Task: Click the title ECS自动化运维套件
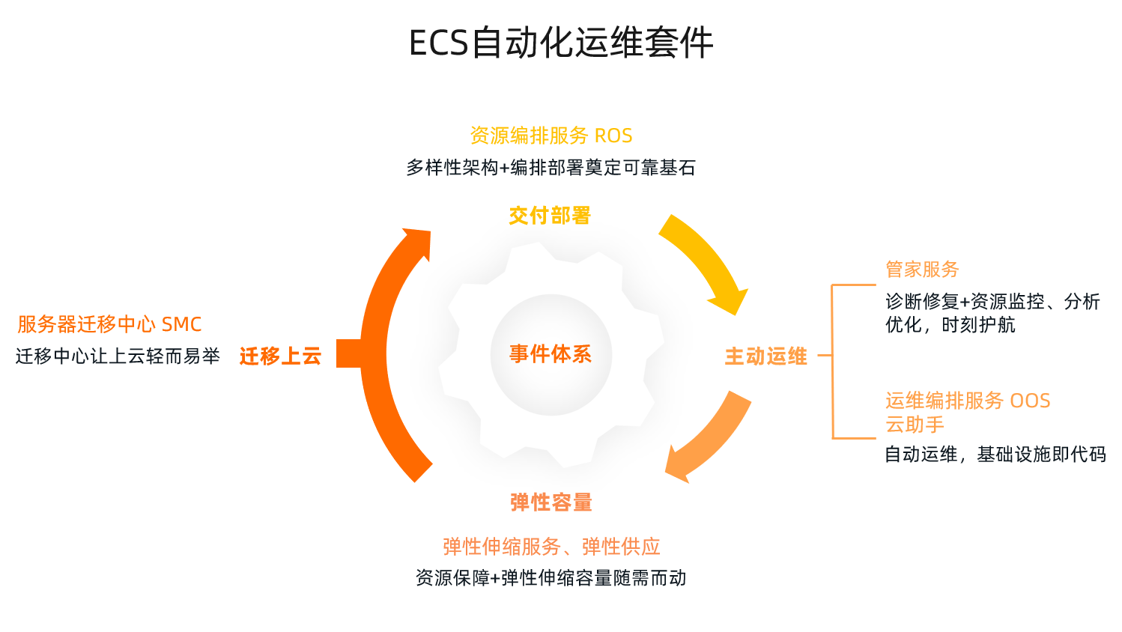click(x=560, y=43)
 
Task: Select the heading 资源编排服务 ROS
click(x=551, y=136)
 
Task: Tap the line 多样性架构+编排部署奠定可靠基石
click(x=551, y=168)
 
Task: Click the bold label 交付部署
click(x=550, y=216)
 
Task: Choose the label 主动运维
click(x=765, y=356)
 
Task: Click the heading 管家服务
click(x=922, y=270)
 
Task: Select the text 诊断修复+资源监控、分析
click(x=992, y=302)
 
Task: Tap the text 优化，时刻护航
click(x=950, y=325)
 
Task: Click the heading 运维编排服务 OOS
click(x=968, y=401)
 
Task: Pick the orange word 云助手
click(x=915, y=425)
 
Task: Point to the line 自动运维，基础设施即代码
click(x=995, y=455)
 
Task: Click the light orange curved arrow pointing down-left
click(x=710, y=440)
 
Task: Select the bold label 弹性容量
click(x=551, y=502)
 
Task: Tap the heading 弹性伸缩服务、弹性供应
click(x=551, y=547)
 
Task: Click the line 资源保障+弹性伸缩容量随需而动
click(x=551, y=578)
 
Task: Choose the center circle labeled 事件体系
click(x=551, y=354)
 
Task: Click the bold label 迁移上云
click(x=280, y=356)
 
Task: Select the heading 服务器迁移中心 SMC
click(x=109, y=324)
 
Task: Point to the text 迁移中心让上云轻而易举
click(x=118, y=356)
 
